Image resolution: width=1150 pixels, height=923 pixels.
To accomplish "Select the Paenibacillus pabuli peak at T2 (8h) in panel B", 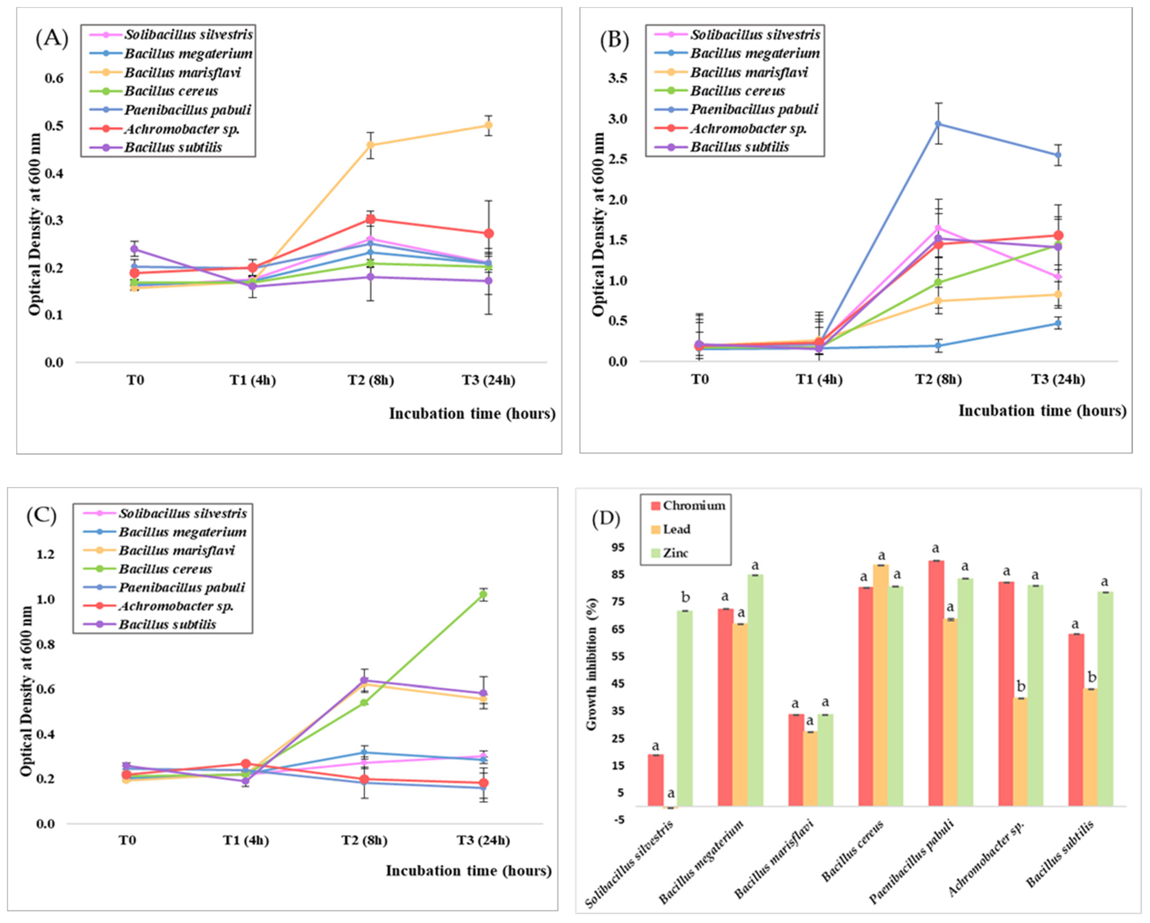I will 938,124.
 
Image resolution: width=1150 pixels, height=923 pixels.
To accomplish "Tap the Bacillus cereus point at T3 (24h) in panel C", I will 483,594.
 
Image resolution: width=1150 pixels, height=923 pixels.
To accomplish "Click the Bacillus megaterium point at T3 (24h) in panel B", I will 1058,323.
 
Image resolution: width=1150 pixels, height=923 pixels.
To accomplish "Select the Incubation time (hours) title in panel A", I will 472,414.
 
